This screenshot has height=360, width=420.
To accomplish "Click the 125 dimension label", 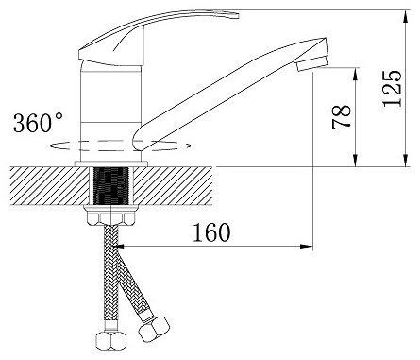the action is click(x=392, y=89).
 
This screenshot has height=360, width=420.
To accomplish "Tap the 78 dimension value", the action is click(x=342, y=117).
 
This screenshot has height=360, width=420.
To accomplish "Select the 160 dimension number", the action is click(x=211, y=232).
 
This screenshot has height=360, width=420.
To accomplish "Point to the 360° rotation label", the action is click(x=38, y=122).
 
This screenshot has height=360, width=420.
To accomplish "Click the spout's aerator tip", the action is click(x=312, y=62).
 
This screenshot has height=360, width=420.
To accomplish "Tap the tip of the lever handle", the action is click(x=238, y=15).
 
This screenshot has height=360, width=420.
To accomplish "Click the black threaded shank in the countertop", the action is click(x=111, y=186).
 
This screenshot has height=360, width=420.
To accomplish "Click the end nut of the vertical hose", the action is click(x=110, y=340).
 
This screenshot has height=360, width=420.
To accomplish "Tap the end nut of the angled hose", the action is click(x=154, y=329).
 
